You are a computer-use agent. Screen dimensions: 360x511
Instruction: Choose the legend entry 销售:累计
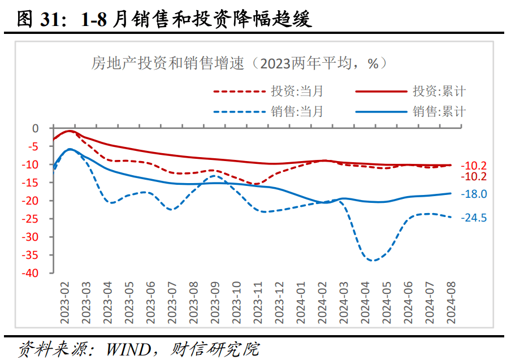pos(439,111)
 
